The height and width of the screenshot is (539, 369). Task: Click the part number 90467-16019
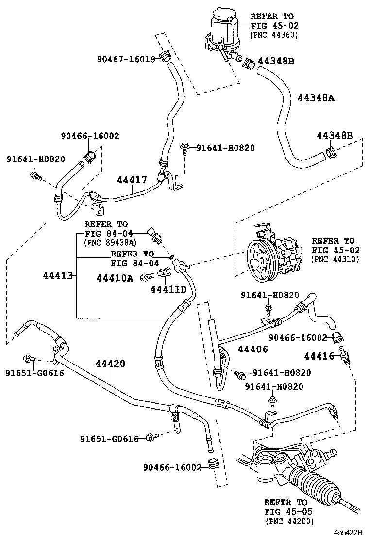tap(126, 59)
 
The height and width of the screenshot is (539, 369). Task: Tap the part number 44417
tap(132, 180)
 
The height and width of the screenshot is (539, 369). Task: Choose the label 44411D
tap(168, 289)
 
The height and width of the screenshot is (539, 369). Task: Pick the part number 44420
tap(110, 364)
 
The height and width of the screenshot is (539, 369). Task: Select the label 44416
tap(319, 356)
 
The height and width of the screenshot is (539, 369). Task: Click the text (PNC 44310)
tap(335, 260)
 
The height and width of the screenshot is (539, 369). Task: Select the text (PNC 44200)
tap(289, 521)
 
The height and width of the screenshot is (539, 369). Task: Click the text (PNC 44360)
tap(274, 35)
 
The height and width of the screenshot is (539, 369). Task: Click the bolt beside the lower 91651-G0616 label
tap(151, 438)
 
